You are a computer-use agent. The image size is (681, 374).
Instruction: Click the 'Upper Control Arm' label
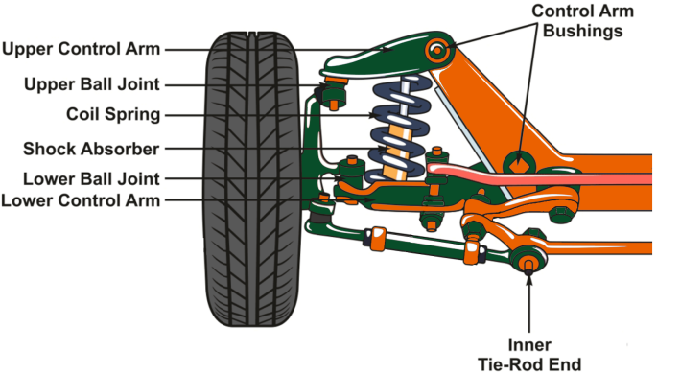point(82,49)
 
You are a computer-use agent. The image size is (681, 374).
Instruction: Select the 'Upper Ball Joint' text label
point(92,84)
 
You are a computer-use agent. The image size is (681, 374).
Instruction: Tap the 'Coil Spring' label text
point(113,115)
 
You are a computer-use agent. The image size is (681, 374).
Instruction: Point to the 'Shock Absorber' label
point(91,149)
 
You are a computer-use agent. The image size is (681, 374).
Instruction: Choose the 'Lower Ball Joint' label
point(91,179)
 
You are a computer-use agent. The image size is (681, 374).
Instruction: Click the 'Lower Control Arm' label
point(81,200)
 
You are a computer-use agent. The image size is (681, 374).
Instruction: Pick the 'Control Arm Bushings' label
point(582,21)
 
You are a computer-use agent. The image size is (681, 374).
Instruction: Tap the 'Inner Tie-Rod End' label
point(529,355)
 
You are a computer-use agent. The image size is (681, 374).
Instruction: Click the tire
point(252,179)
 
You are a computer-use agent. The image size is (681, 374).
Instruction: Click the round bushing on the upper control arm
point(437,51)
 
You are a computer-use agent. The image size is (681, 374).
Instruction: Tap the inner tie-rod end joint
point(528,260)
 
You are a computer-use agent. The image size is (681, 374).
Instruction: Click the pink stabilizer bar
point(538,175)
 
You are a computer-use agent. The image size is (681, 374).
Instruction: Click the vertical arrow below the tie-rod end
point(529,303)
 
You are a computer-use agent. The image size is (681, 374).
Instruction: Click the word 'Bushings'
point(583,31)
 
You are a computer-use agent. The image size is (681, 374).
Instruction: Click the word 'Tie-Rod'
point(506,364)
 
